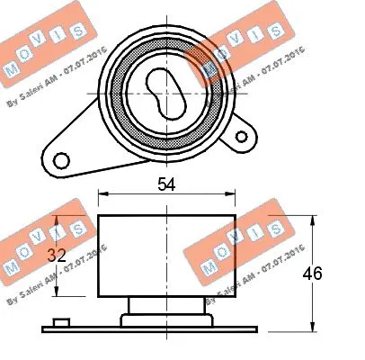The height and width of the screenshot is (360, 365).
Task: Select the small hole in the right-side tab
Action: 242,136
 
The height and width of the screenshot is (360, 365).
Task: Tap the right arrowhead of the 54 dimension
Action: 233,195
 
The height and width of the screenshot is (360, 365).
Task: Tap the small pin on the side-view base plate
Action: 61,321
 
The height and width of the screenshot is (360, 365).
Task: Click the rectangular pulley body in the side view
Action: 167,256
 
